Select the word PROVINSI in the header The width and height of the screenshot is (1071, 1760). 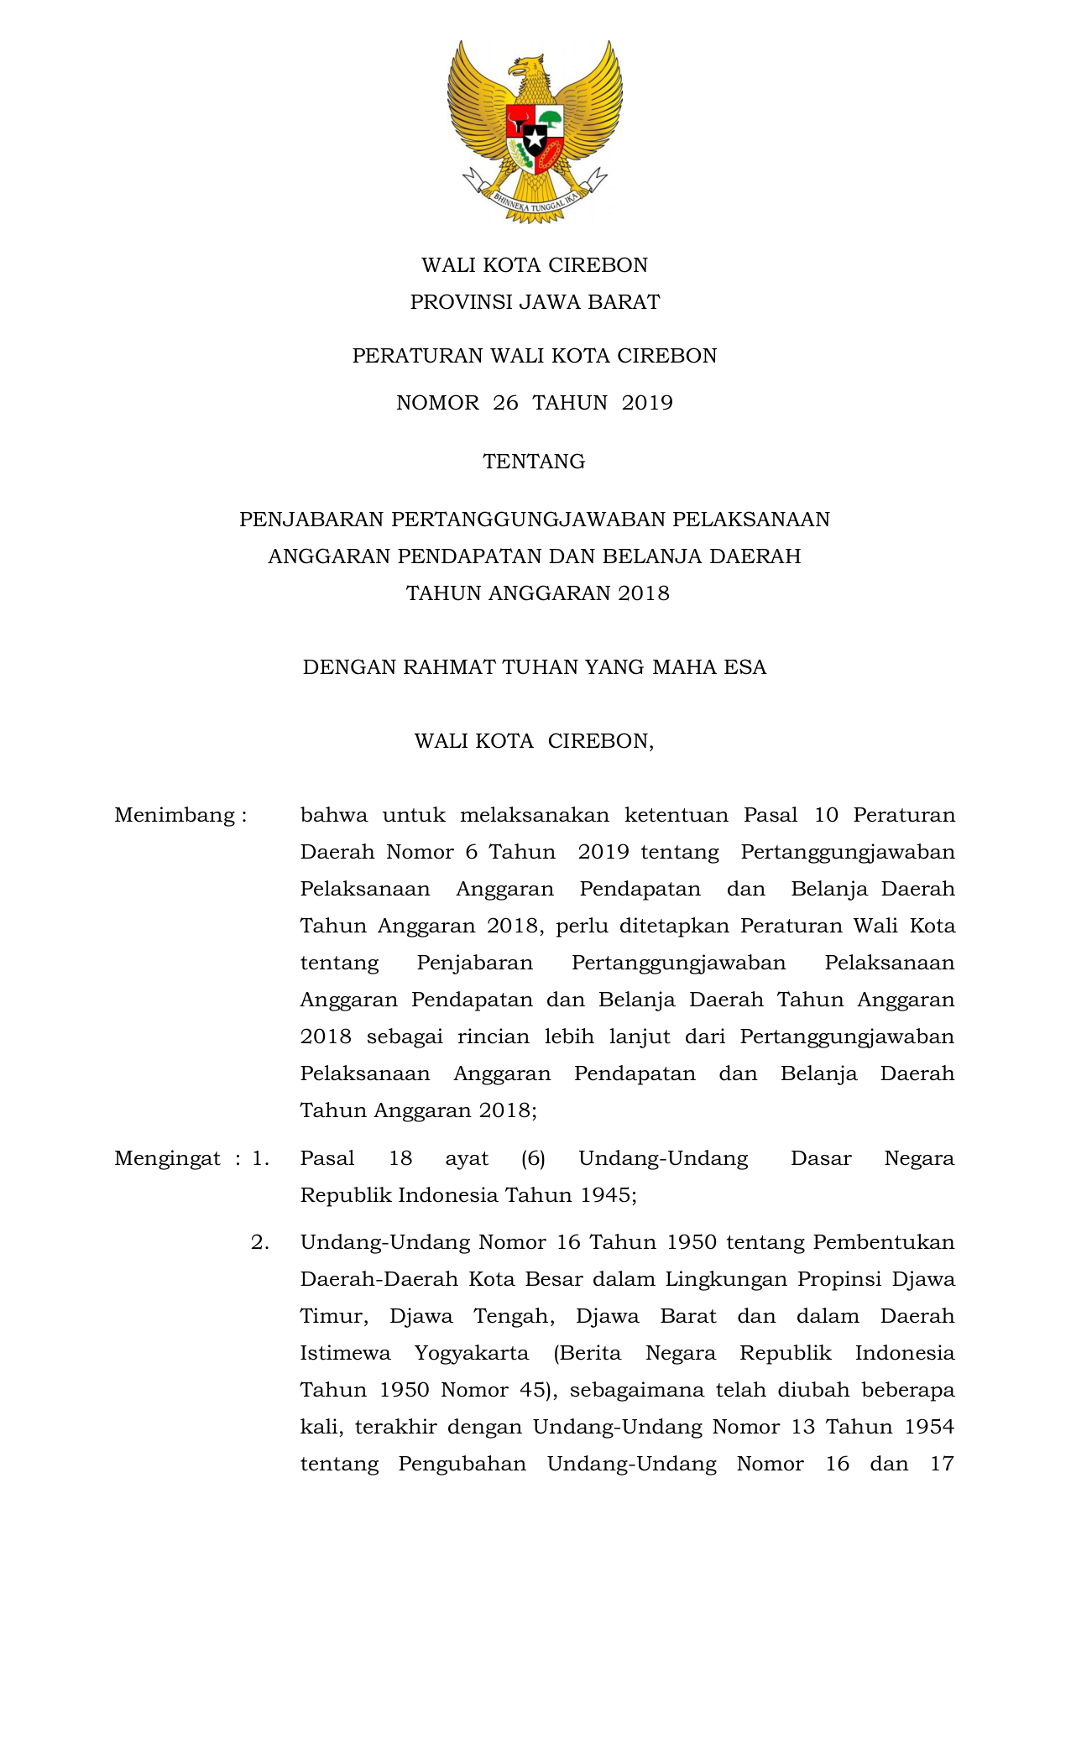461,302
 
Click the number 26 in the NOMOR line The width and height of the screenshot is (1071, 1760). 505,403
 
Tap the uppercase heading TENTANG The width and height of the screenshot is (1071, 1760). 534,462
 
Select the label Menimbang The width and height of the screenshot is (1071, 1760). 175,815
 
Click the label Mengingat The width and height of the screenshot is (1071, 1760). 168,1158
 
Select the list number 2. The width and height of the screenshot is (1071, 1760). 260,1242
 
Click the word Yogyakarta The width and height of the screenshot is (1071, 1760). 472,1353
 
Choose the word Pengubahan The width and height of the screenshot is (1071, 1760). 462,1464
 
